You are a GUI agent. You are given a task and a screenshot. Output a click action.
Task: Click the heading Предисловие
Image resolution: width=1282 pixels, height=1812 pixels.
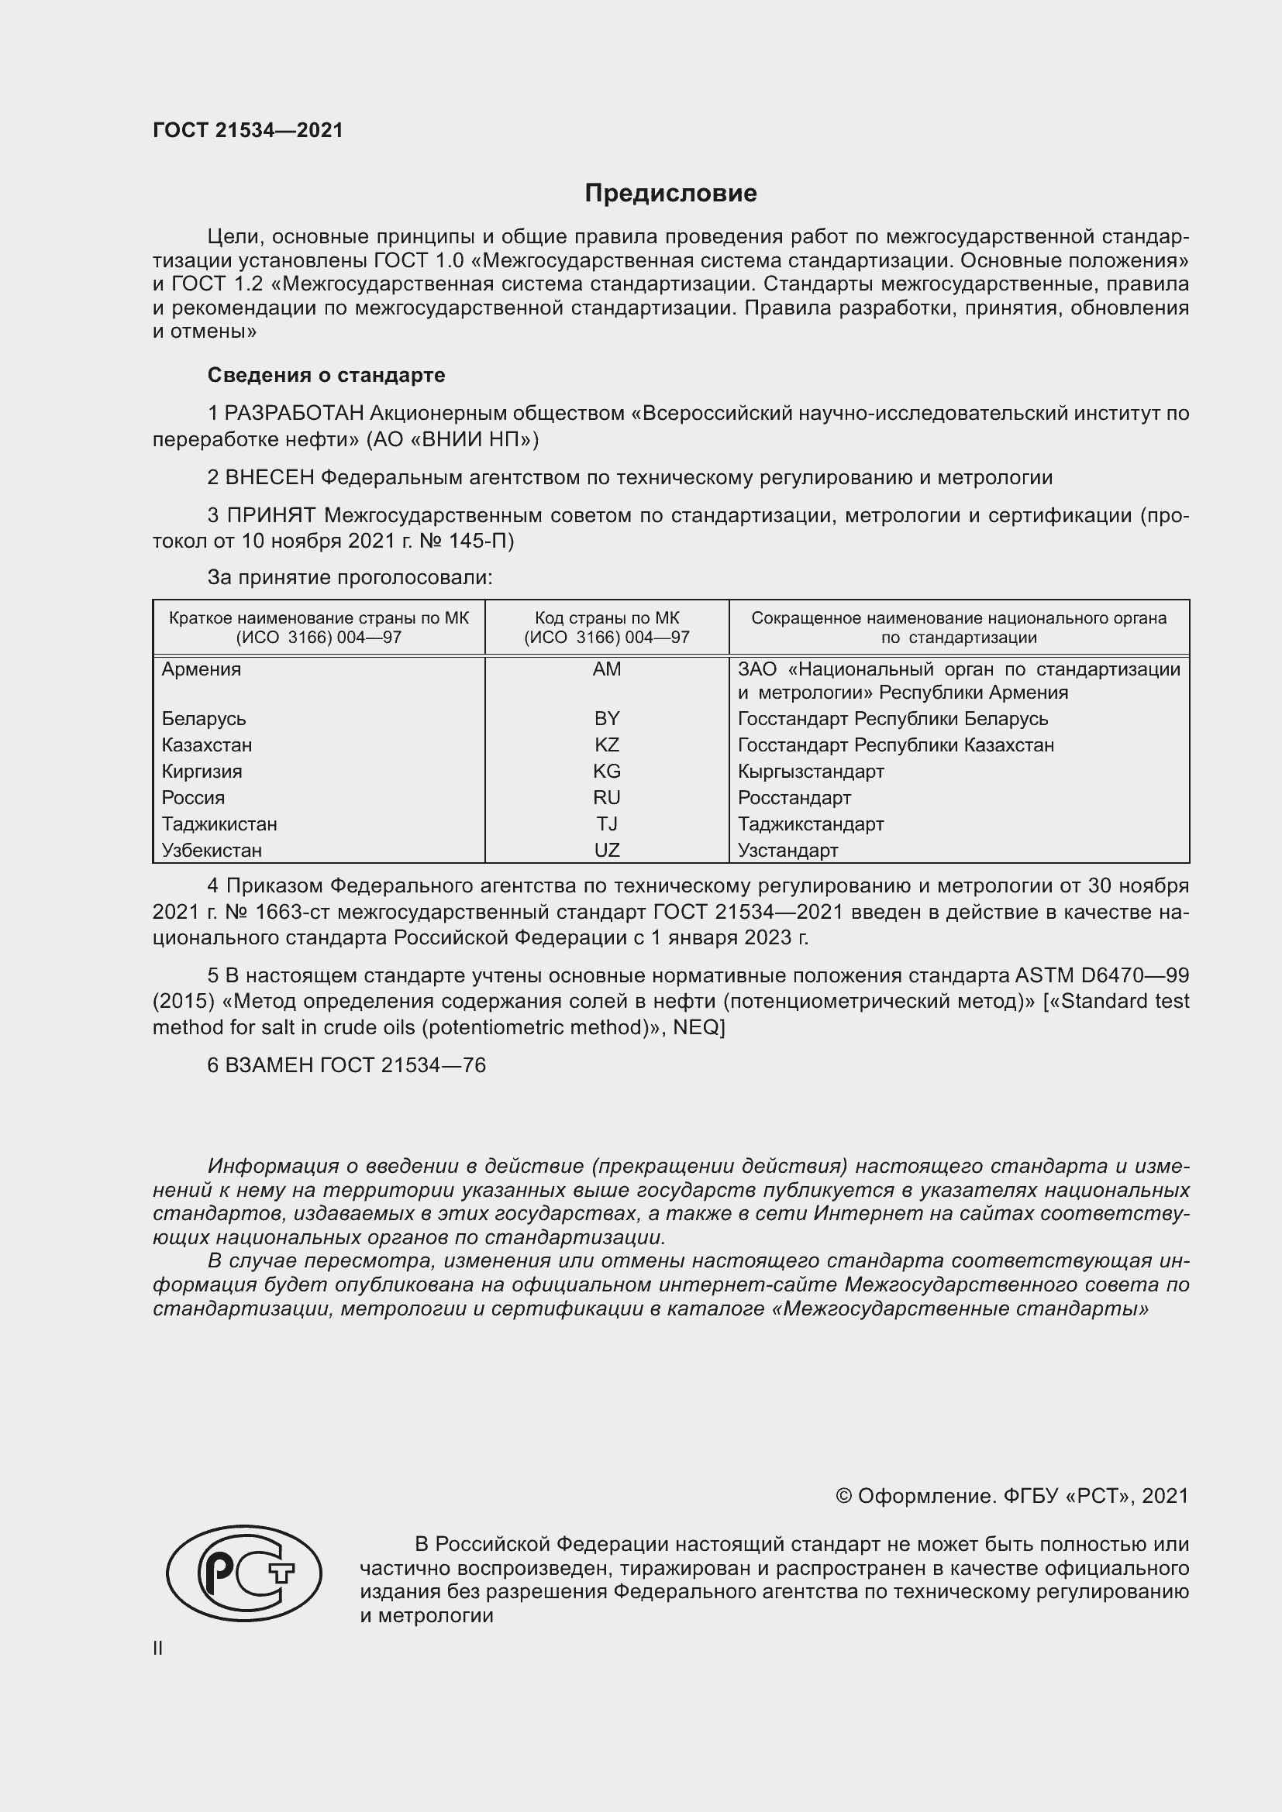tap(670, 194)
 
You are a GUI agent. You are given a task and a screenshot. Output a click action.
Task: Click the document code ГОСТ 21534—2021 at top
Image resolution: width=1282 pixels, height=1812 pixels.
tap(248, 130)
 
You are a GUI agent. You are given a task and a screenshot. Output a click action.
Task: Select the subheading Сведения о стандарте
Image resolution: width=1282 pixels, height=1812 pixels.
tap(326, 375)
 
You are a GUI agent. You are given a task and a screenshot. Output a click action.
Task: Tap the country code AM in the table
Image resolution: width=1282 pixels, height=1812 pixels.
tap(606, 669)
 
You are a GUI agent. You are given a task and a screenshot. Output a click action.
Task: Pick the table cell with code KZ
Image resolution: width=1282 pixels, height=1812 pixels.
tap(606, 745)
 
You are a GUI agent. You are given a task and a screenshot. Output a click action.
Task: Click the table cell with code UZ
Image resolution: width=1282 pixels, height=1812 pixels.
tap(606, 850)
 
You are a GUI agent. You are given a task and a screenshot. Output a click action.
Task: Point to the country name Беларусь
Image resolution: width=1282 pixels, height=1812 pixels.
tap(204, 719)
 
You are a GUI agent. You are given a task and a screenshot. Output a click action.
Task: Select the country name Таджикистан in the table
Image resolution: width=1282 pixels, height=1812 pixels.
tap(219, 824)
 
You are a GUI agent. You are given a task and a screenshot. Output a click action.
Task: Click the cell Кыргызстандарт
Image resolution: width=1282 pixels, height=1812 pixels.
tap(811, 771)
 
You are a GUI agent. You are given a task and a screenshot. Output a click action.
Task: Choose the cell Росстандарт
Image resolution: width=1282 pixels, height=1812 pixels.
tap(794, 798)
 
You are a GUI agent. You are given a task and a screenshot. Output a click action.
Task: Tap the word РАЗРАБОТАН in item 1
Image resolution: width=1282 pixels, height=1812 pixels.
tap(295, 414)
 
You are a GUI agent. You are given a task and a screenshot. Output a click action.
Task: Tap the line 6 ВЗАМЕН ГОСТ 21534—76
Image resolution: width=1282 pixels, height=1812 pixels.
tap(346, 1065)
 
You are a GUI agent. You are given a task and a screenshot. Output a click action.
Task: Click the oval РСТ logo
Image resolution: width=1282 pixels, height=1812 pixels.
tap(244, 1573)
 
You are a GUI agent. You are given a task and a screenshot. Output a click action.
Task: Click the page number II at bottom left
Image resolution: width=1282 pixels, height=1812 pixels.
tap(158, 1648)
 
